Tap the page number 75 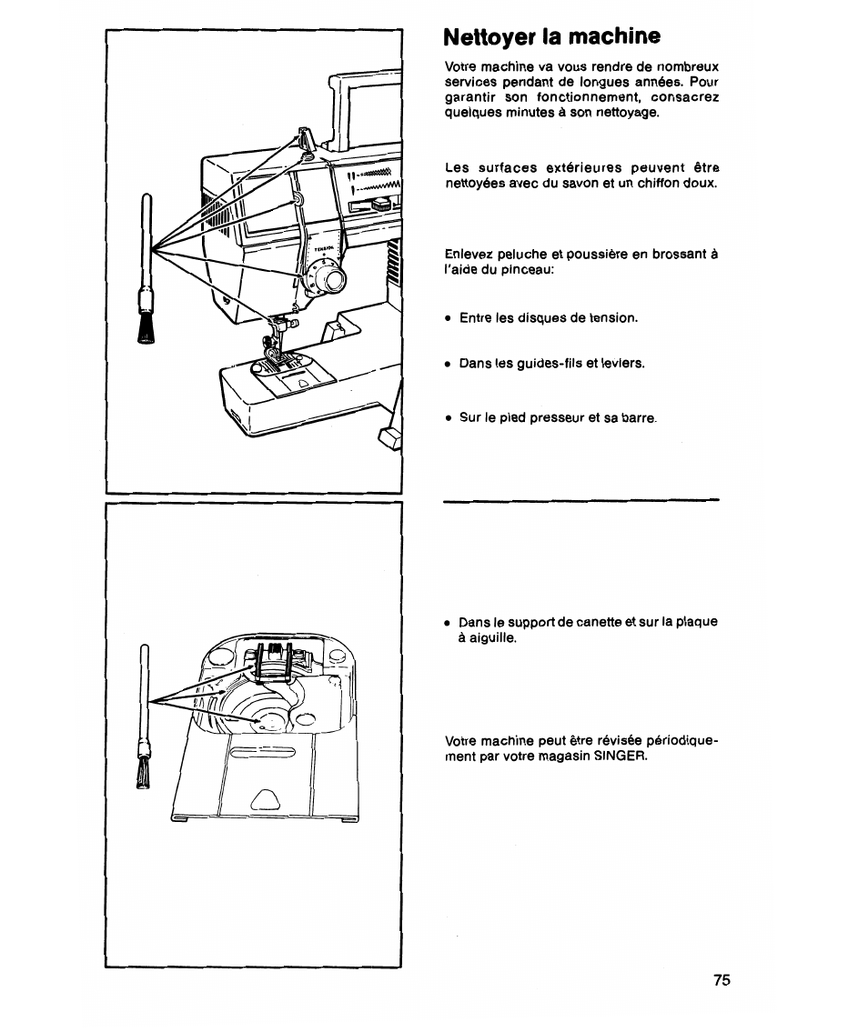[722, 980]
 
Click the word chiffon [657, 184]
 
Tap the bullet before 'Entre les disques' [449, 318]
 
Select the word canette [568, 622]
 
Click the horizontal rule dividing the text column [581, 500]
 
